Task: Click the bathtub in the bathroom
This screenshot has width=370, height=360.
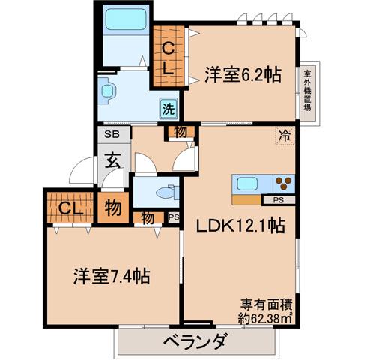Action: pos(126,20)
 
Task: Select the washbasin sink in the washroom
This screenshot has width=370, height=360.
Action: pos(107,91)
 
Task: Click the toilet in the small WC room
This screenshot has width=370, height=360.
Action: pos(167,193)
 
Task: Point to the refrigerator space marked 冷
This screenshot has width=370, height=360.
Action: pos(285,136)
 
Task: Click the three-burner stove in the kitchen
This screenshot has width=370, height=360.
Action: pos(284,184)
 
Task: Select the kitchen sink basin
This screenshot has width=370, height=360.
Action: pos(247,184)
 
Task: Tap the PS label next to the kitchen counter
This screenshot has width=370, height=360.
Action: pos(279,200)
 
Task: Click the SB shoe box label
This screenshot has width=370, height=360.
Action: pos(112,134)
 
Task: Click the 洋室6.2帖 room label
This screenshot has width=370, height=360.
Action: pos(243,74)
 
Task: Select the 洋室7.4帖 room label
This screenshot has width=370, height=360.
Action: pos(112,276)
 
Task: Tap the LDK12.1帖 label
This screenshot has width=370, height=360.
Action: pos(240,226)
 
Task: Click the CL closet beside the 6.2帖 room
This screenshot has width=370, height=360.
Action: pos(169,55)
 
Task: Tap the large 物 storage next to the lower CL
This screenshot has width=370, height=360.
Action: pos(113,207)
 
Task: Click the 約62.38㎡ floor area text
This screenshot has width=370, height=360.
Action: pos(265,318)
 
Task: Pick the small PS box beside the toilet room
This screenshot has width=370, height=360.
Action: pos(174,217)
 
